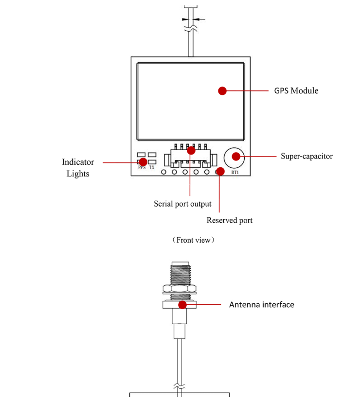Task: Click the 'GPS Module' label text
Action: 296,91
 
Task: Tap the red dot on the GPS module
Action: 222,91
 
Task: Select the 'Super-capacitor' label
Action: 306,156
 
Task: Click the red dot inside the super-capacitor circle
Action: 236,156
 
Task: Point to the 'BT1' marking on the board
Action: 235,172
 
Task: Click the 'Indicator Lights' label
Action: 78,168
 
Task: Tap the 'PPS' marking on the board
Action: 142,167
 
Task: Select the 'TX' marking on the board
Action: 152,167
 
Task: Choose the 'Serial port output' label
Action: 182,204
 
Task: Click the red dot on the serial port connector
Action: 191,151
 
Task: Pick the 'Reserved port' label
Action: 229,220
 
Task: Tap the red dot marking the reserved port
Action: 220,171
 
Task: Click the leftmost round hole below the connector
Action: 164,172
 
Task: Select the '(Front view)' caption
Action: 193,240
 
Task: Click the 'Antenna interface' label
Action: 261,305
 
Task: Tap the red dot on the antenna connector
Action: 182,305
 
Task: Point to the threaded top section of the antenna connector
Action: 180,273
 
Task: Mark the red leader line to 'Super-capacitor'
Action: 258,156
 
